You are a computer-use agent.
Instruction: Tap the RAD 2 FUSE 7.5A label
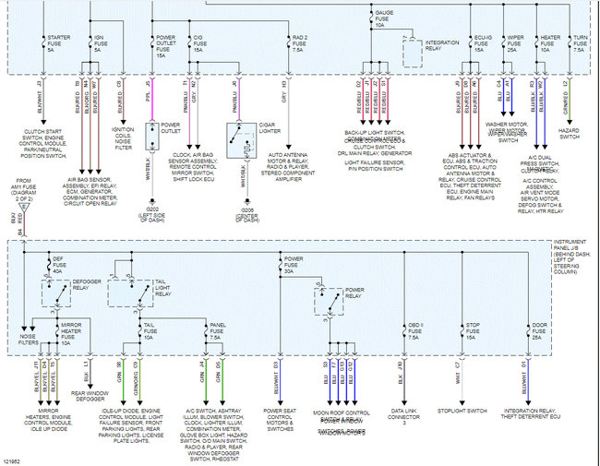300,43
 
